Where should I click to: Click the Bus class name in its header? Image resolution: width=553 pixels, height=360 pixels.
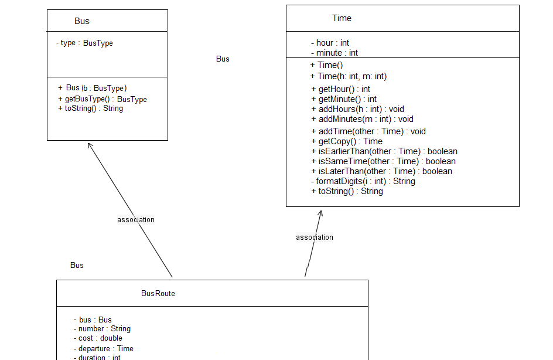(82, 21)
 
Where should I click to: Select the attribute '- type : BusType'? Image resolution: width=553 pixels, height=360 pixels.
(84, 43)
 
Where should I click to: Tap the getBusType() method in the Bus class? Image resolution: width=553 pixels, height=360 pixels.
(103, 99)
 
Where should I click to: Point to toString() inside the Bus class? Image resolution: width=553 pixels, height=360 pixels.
(91, 108)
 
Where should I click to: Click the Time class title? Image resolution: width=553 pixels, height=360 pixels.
(342, 18)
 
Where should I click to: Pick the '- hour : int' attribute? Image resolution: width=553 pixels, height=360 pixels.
(330, 43)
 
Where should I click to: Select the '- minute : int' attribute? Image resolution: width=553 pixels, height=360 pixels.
(334, 53)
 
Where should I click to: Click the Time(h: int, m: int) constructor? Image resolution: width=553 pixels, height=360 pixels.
(349, 76)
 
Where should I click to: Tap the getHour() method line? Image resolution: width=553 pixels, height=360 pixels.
(340, 89)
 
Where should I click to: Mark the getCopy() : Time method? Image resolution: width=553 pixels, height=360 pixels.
(347, 141)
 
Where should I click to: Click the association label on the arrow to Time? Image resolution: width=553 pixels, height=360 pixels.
(315, 237)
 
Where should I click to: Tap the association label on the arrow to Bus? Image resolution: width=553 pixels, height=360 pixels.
(136, 220)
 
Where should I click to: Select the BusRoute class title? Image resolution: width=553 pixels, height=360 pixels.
(158, 293)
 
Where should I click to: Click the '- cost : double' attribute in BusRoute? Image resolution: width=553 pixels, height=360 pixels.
(98, 338)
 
